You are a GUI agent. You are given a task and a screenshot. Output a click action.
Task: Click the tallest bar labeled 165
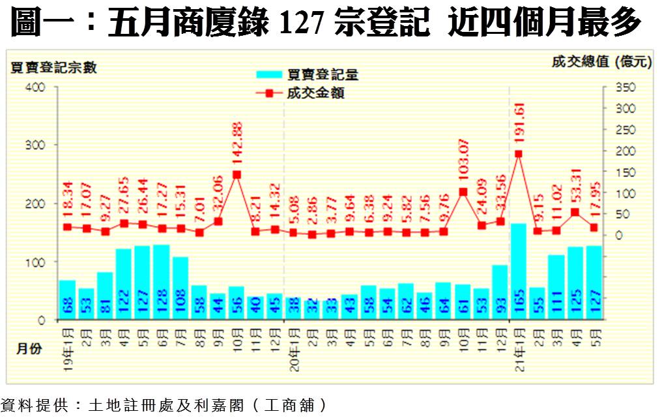pos(519,271)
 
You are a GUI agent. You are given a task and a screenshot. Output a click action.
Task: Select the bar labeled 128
pos(162,282)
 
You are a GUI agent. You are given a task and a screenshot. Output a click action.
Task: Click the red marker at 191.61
pos(519,154)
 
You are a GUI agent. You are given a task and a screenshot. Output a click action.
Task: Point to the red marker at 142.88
pos(237,174)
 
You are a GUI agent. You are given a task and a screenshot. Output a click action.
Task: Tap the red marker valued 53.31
pos(575,212)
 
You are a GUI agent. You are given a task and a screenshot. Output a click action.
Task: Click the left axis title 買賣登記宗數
pos(53,68)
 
